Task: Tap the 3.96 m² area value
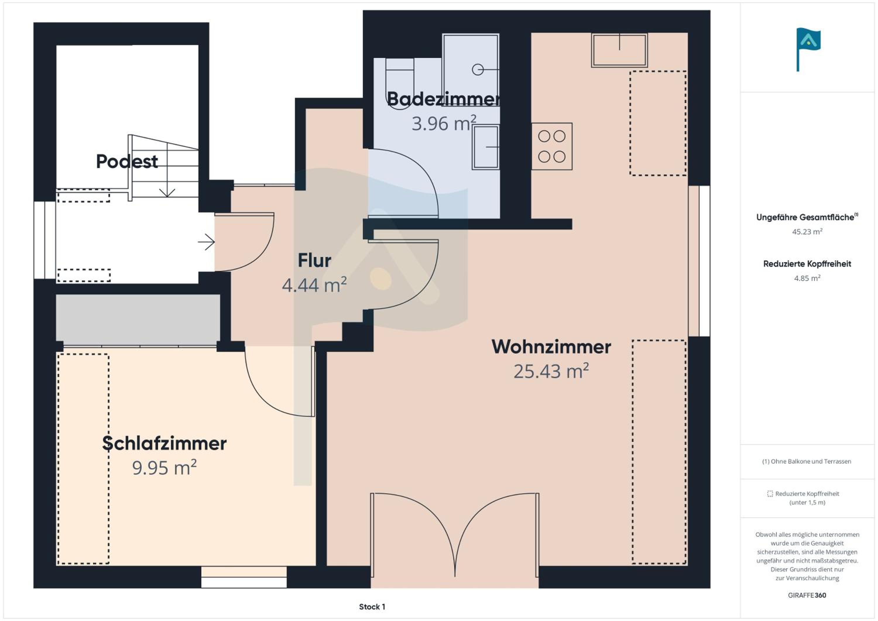point(444,123)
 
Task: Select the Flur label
point(314,260)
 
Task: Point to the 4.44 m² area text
point(314,284)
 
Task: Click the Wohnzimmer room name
point(551,347)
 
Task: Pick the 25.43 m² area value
point(551,371)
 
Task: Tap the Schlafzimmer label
point(164,443)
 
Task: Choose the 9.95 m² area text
point(164,467)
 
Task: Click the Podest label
point(127,161)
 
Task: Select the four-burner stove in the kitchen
point(552,146)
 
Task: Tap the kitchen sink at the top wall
point(620,50)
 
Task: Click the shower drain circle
point(478,70)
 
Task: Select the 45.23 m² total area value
point(807,231)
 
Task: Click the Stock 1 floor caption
point(372,606)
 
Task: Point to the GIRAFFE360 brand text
point(807,595)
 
